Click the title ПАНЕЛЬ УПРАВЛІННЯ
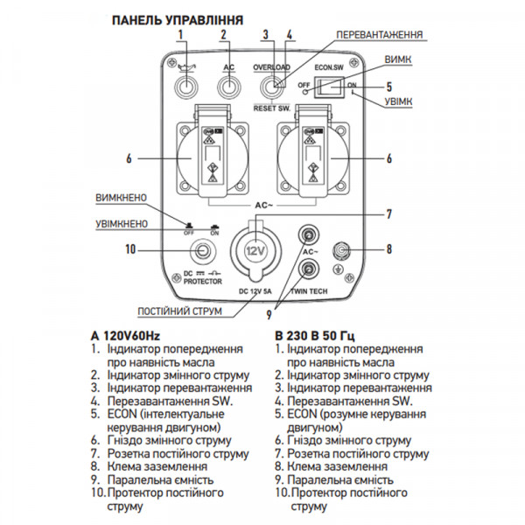(x=171, y=17)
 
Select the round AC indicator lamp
(x=229, y=87)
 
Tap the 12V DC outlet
(x=254, y=250)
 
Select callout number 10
(x=132, y=250)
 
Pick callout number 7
(x=388, y=213)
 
